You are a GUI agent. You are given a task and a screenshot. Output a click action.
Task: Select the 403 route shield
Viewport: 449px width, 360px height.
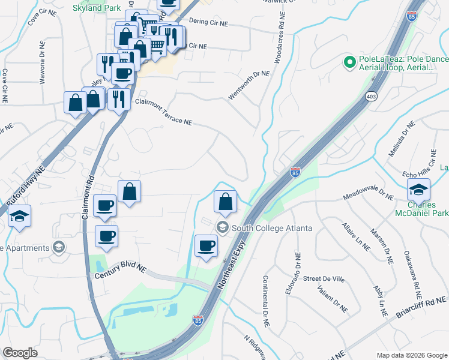370,96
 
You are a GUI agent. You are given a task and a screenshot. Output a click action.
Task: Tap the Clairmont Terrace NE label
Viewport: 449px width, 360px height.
163,112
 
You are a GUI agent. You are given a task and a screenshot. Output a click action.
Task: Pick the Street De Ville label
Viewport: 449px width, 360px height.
324,278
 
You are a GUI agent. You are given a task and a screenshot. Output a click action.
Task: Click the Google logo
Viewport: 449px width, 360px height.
20,353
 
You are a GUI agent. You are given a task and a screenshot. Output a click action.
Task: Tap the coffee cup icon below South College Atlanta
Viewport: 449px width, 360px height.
206,245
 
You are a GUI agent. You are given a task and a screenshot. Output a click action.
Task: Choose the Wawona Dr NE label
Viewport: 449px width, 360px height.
43,64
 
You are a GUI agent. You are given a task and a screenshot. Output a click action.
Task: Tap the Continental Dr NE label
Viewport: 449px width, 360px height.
265,297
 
